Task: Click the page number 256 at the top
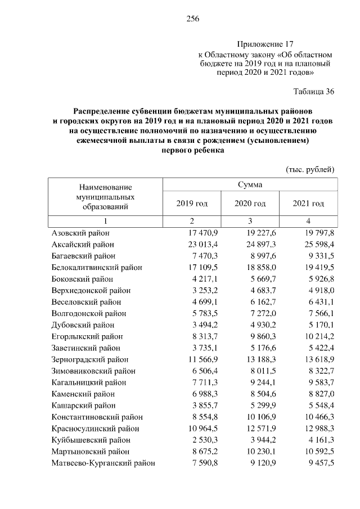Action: [193, 19]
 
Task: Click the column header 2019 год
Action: [192, 203]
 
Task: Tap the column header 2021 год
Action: [308, 203]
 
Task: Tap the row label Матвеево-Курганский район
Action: [103, 463]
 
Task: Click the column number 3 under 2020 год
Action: [250, 220]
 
